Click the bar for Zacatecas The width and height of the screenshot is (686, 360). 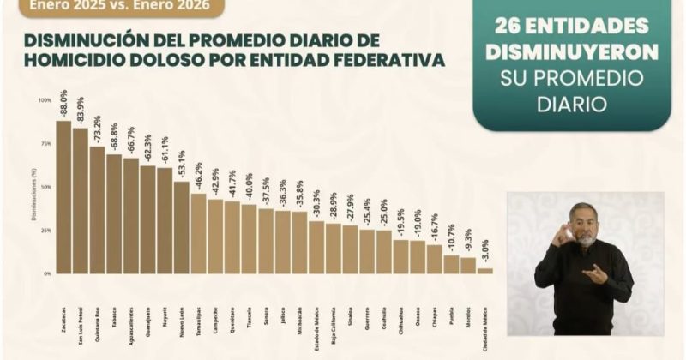[63, 197]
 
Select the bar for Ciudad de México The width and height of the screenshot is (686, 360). [484, 270]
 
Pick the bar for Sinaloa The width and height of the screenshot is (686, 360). [350, 249]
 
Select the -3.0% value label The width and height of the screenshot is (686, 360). [485, 251]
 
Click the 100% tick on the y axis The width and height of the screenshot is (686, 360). [45, 100]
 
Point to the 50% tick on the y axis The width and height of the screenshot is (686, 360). [45, 187]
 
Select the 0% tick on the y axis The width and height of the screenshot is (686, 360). [47, 273]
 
